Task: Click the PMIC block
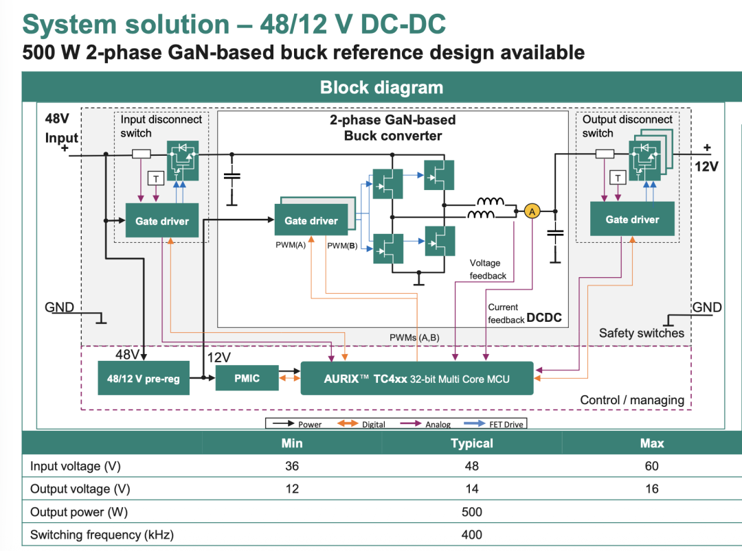[x=247, y=378]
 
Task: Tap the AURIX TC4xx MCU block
[x=416, y=378]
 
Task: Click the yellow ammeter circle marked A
[x=532, y=211]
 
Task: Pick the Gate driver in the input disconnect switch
[x=161, y=221]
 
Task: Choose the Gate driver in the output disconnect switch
[x=631, y=220]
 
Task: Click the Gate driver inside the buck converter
[x=311, y=221]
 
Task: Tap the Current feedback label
[x=504, y=314]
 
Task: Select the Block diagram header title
[x=381, y=88]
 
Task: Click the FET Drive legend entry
[x=506, y=424]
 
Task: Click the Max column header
[x=651, y=443]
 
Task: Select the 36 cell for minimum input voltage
[x=292, y=467]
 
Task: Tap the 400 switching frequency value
[x=472, y=535]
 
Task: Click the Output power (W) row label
[x=79, y=512]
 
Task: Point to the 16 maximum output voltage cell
[x=651, y=489]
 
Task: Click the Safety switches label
[x=641, y=333]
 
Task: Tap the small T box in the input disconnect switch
[x=157, y=178]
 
